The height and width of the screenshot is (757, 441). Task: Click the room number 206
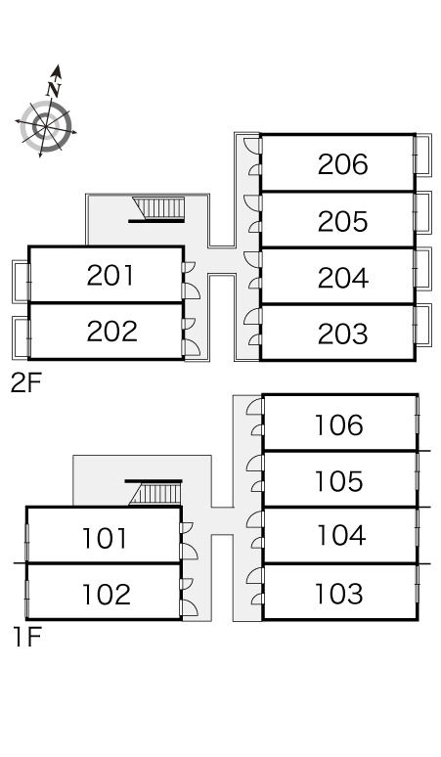(342, 164)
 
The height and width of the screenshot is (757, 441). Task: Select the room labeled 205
(342, 221)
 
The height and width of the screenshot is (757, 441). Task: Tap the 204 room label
(342, 278)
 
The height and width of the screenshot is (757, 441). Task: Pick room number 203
(342, 334)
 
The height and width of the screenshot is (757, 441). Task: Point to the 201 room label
(110, 275)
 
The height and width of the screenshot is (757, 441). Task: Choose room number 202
(111, 332)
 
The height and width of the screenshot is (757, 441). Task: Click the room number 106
(338, 425)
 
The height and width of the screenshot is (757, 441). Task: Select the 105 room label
(338, 481)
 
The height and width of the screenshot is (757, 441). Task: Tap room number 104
(341, 535)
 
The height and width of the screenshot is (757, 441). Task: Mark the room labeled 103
(338, 595)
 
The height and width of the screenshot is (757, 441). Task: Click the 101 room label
(105, 538)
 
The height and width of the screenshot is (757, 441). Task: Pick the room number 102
(107, 595)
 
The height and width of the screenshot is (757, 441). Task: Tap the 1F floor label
(27, 638)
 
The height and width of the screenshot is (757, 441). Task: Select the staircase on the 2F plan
(158, 209)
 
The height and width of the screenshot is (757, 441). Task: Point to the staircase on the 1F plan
(155, 492)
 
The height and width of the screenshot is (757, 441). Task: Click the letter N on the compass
(53, 90)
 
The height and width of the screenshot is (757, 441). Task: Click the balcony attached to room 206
(422, 155)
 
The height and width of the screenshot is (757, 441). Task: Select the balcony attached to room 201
(22, 282)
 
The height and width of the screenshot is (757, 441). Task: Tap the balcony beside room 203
(422, 325)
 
